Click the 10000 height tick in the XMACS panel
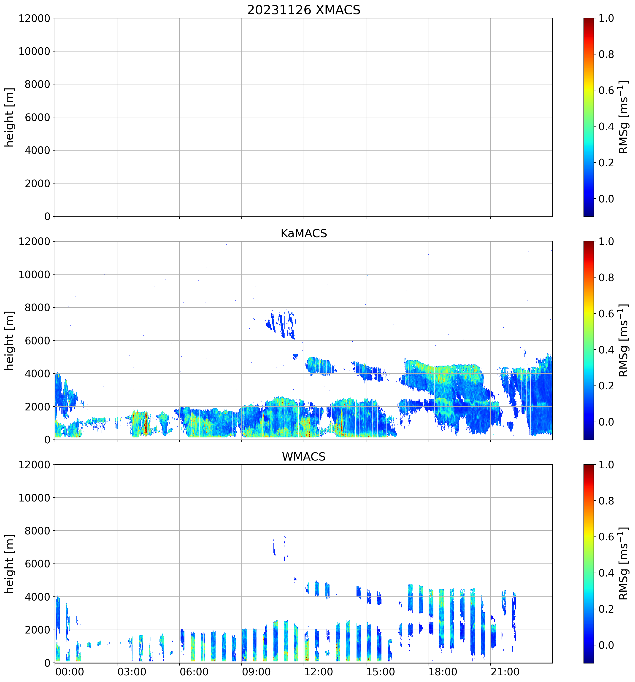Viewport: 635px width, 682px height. pyautogui.click(x=34, y=51)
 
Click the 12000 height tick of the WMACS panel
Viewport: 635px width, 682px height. pyautogui.click(x=34, y=465)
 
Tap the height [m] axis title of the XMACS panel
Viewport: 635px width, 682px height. pyautogui.click(x=10, y=117)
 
